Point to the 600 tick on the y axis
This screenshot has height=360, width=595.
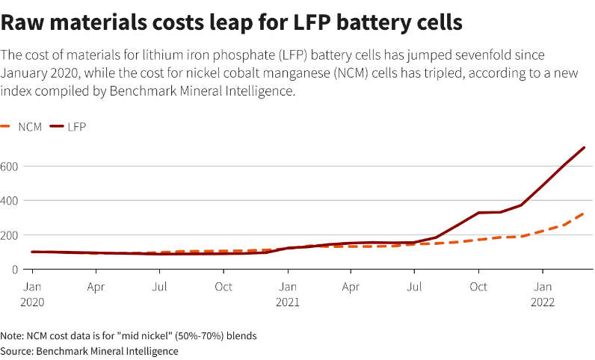tap(9, 166)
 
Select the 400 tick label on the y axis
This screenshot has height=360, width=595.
tap(9, 200)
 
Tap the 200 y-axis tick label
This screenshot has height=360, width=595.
tap(9, 235)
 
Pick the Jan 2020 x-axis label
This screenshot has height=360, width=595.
tap(32, 294)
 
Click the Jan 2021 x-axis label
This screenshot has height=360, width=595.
tap(288, 294)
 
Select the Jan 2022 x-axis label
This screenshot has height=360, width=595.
tap(543, 294)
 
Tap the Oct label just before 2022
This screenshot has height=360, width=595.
tap(478, 287)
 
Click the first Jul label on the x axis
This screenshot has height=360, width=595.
tap(159, 287)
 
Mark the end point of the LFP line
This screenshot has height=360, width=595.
tap(584, 147)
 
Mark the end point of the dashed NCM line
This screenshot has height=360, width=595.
tap(584, 213)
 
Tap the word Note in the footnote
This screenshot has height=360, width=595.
tap(11, 336)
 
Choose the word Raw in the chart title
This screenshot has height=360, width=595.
tap(22, 22)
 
